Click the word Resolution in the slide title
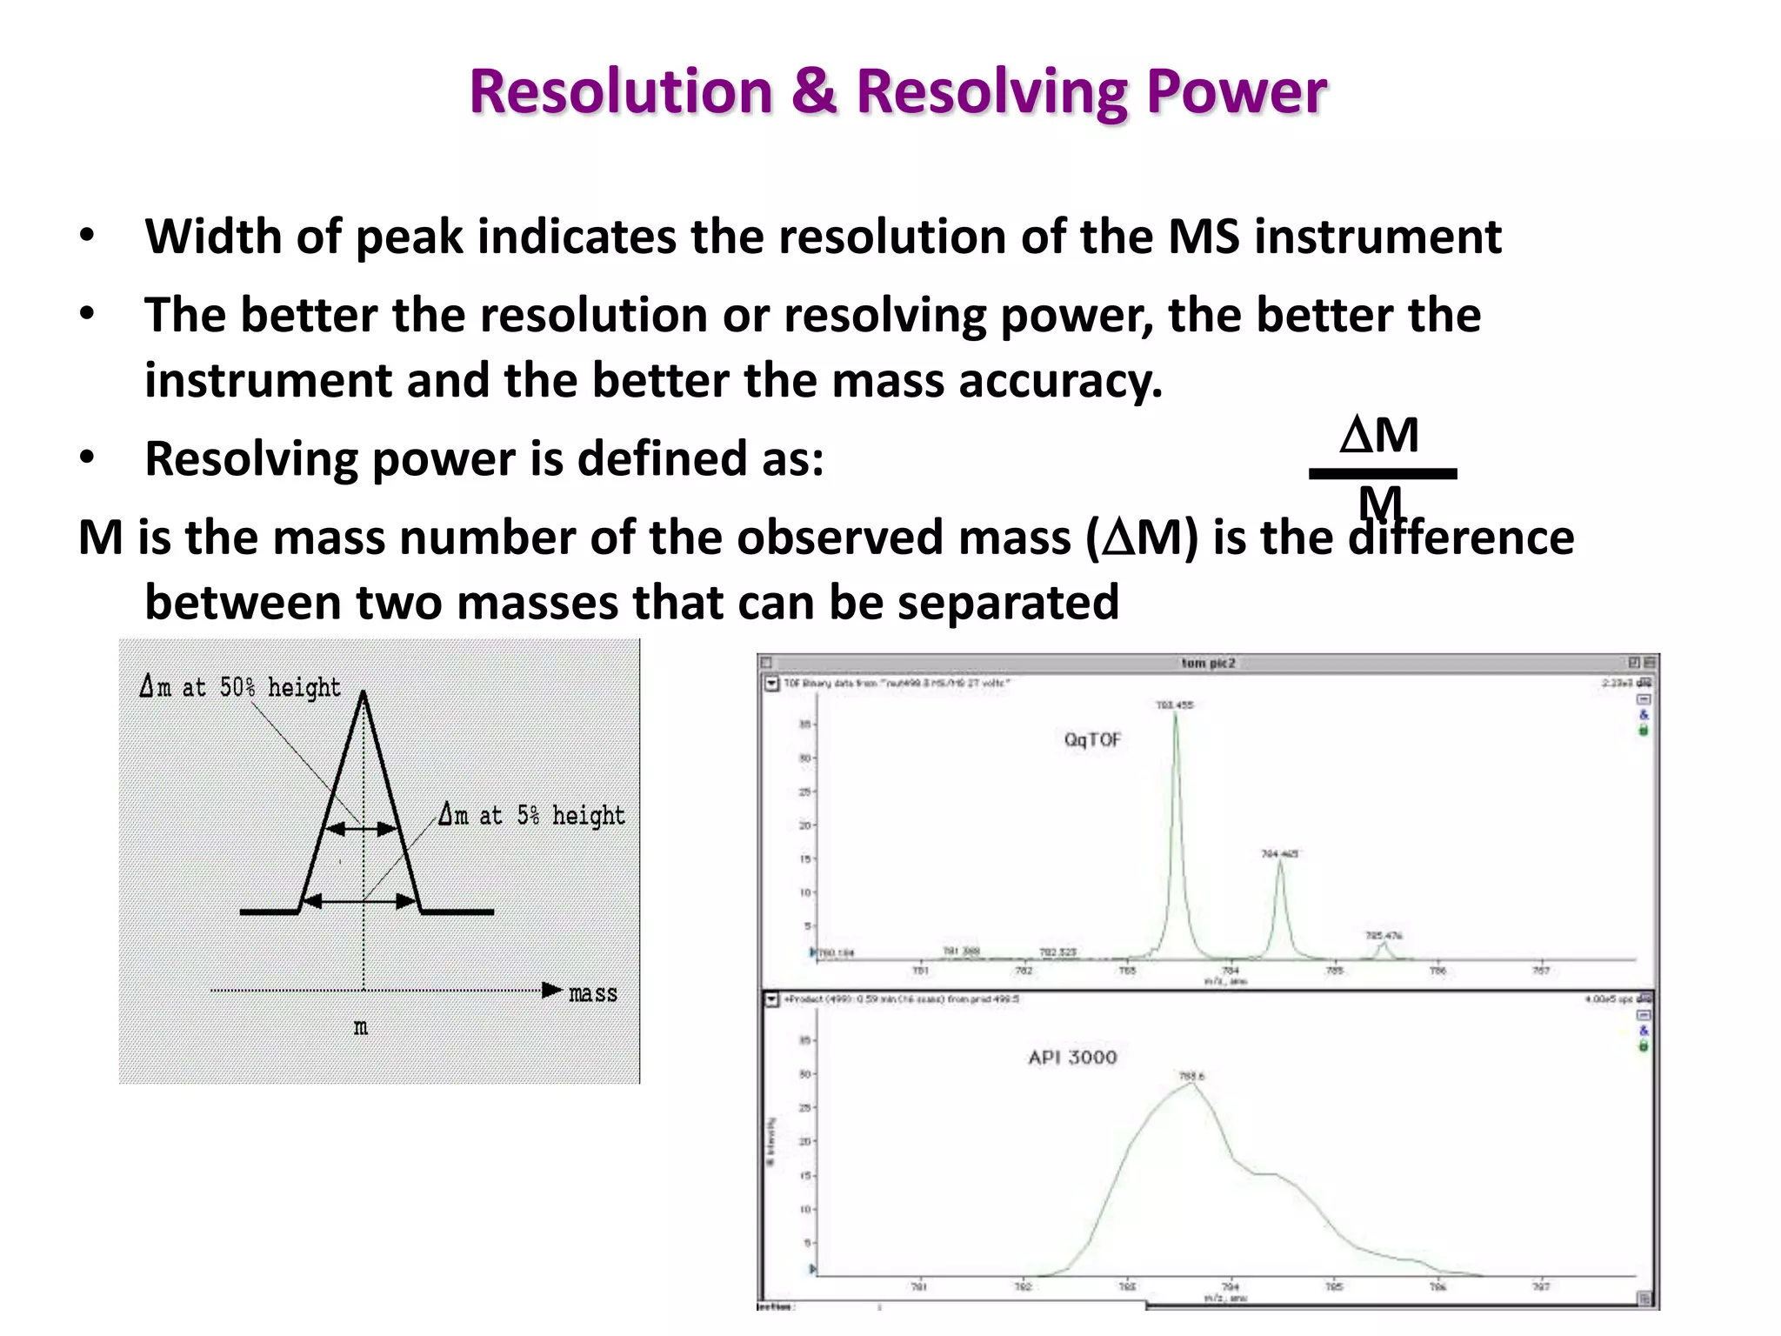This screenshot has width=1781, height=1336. tap(621, 91)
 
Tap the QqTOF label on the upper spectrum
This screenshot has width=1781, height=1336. tap(1092, 740)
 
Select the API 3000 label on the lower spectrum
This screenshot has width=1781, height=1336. tap(1072, 1058)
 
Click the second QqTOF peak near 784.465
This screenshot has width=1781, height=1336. tap(1279, 864)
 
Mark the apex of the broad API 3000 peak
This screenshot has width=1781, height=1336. tap(1191, 1084)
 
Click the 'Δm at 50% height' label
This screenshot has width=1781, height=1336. tap(240, 687)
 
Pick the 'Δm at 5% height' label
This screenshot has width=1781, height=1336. tap(531, 816)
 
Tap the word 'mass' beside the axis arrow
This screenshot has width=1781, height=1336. tap(593, 993)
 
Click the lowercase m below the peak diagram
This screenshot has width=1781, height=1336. tap(361, 1028)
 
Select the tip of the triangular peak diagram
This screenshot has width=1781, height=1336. tap(364, 693)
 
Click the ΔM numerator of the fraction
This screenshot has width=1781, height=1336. tap(1379, 435)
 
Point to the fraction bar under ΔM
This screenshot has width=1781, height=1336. tap(1383, 474)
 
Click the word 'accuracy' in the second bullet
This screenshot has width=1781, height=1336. tap(1060, 381)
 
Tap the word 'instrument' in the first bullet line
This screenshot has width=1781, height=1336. tap(1377, 237)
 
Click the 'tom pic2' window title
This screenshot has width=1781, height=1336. tap(1208, 663)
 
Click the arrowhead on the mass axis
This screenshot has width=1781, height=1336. tap(551, 990)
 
